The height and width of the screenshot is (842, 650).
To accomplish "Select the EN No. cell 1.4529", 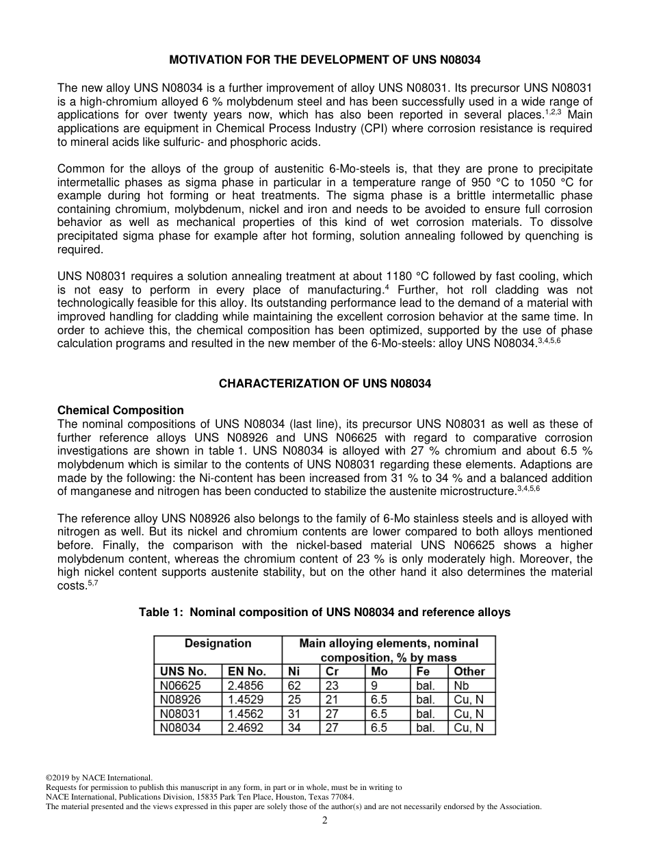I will click(x=245, y=700).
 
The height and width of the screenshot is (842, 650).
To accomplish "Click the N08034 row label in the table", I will click(x=181, y=728).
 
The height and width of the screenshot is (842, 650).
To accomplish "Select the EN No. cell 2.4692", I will click(x=245, y=728).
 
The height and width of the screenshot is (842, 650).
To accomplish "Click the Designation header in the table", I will click(x=218, y=643).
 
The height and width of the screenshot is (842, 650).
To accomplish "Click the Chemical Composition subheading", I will click(x=120, y=411).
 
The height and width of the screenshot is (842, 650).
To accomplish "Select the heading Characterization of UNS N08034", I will click(x=325, y=384).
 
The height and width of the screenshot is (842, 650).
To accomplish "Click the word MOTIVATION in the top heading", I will click(x=204, y=60).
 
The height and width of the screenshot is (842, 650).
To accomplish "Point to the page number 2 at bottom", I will click(x=325, y=821).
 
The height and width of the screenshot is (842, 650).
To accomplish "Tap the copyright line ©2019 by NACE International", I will click(x=99, y=778).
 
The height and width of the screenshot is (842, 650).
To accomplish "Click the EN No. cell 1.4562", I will click(x=245, y=714).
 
